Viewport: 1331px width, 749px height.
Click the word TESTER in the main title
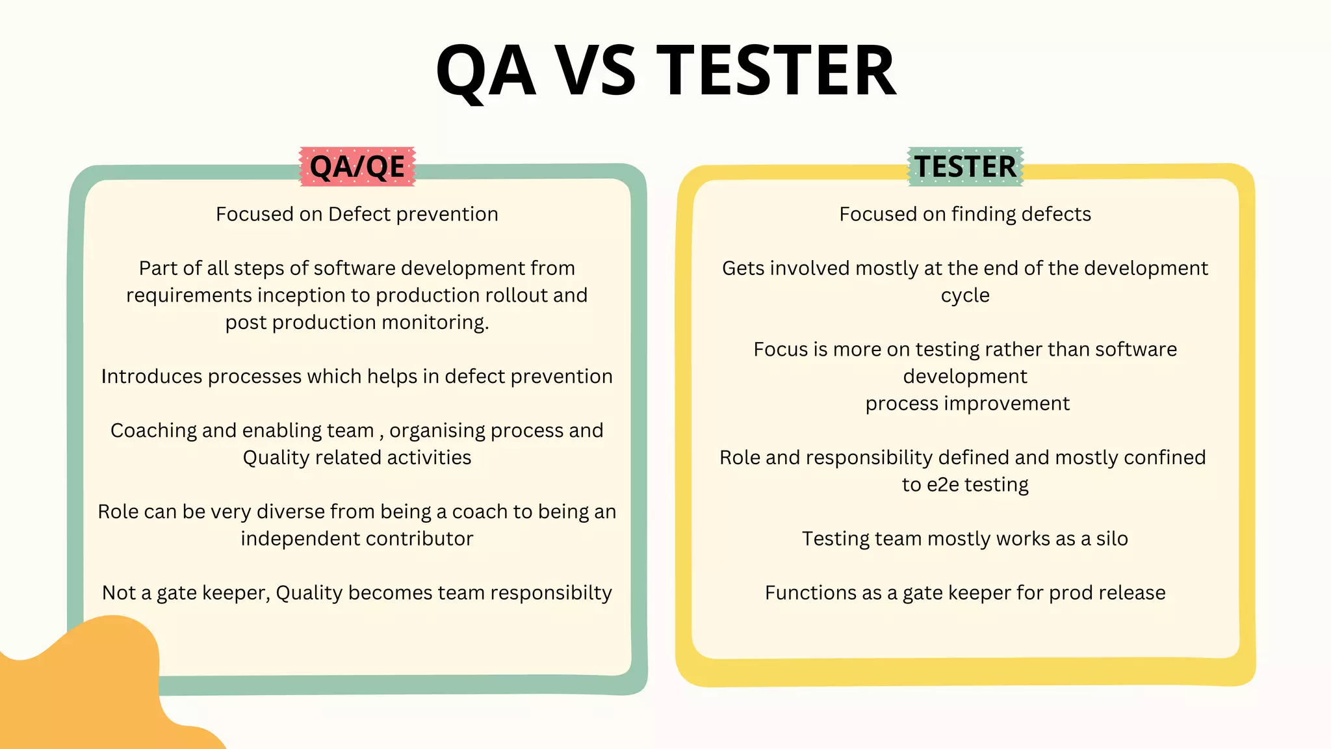(x=777, y=70)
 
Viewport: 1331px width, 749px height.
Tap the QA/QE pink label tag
(x=357, y=166)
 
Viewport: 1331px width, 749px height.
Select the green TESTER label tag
(x=965, y=166)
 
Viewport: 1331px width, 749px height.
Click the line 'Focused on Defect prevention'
(x=357, y=214)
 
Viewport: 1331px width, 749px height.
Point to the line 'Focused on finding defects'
(x=965, y=214)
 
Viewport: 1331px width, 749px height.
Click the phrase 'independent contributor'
(x=357, y=539)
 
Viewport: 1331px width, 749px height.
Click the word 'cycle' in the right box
(x=965, y=296)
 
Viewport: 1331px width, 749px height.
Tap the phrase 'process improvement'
(x=967, y=404)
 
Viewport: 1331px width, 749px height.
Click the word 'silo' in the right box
(x=1112, y=539)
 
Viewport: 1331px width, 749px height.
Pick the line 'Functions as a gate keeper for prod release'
(x=965, y=593)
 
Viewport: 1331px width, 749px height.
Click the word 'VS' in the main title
(x=596, y=70)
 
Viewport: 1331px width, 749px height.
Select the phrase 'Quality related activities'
(x=357, y=458)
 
